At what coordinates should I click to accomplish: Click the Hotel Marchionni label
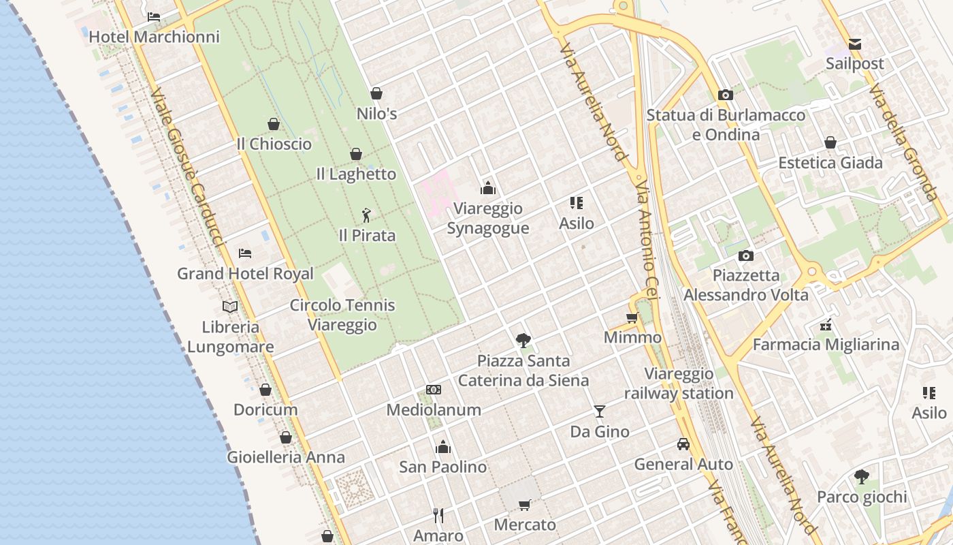[155, 37]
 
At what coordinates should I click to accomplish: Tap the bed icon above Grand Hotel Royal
[245, 253]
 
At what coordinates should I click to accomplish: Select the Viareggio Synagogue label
[487, 218]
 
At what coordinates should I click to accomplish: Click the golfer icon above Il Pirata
[367, 216]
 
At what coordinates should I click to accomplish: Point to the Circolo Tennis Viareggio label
[342, 315]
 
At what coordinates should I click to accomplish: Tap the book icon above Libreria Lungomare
[230, 307]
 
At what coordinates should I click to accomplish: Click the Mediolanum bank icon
[434, 390]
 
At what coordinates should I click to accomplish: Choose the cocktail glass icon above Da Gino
[599, 411]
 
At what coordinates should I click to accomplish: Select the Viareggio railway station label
[679, 384]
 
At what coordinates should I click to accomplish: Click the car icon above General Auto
[683, 444]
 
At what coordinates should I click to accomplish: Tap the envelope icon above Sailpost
[855, 44]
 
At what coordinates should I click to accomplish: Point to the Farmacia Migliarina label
[826, 345]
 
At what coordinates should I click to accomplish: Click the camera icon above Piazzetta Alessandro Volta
[746, 255]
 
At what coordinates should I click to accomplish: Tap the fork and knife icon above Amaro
[438, 515]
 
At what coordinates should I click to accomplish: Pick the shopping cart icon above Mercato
[524, 505]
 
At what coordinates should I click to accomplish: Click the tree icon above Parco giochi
[862, 476]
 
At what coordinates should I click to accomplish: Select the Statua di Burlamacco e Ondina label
[726, 125]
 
